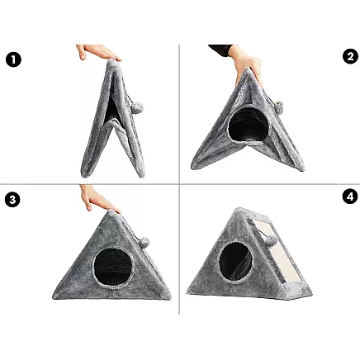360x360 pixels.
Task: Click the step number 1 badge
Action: click(13, 59)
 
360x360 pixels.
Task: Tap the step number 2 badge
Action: click(349, 57)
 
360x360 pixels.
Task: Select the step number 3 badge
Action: click(13, 199)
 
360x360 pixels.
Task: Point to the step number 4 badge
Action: click(349, 197)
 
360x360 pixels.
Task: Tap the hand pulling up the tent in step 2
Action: click(246, 63)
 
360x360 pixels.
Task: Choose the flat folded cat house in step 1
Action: click(108, 116)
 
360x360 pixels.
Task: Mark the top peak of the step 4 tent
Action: click(239, 210)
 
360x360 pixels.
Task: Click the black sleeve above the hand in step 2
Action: click(220, 49)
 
